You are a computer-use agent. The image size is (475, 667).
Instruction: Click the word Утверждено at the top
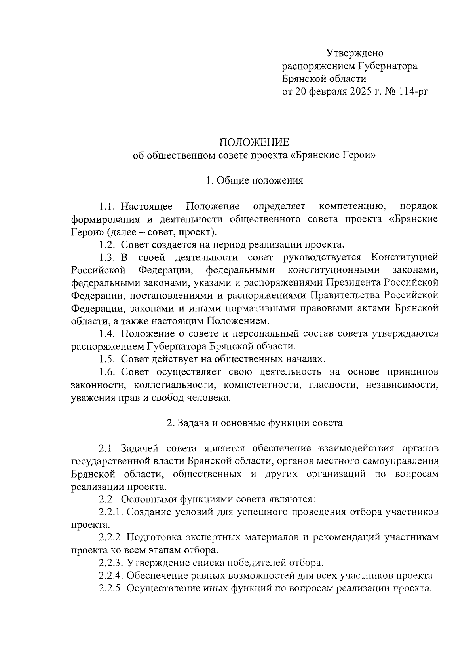point(354,53)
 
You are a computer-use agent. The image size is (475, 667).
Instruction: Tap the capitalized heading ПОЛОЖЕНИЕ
point(254,142)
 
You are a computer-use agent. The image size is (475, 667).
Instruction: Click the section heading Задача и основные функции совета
point(255,423)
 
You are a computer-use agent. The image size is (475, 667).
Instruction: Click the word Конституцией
point(405,258)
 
